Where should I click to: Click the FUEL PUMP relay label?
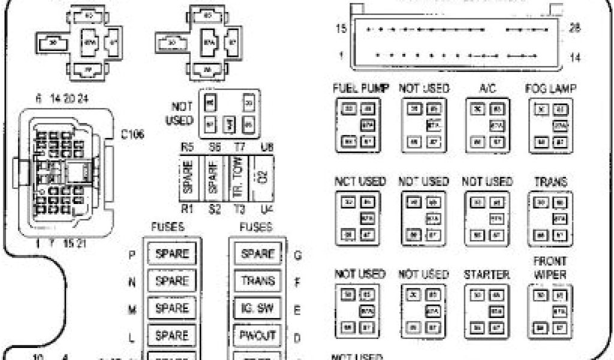coord(361,88)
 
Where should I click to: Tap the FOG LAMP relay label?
coord(551,88)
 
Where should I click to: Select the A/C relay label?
coord(486,88)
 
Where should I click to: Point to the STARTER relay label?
coord(486,275)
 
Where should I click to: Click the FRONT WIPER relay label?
coord(550,268)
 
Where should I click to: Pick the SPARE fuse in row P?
coord(172,254)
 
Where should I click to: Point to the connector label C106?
coord(132,134)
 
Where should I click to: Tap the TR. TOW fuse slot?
coord(239,177)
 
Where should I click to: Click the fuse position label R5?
coord(188,147)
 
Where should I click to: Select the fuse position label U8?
coord(266,147)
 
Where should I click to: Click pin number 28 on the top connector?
coord(575,28)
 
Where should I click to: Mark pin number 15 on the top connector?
coord(341,28)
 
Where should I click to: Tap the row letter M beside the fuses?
coord(132,308)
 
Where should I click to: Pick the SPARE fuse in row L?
coord(172,335)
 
